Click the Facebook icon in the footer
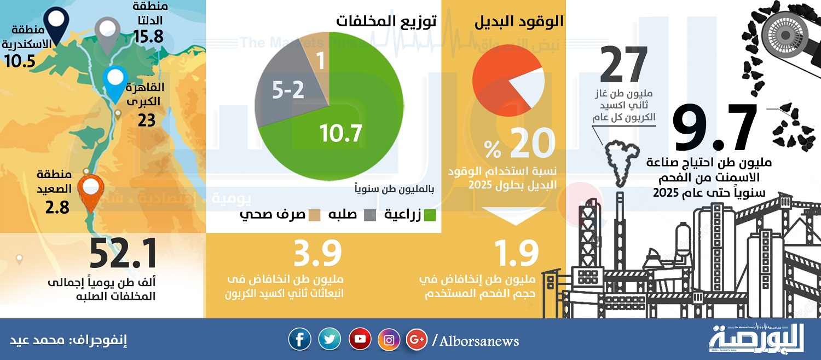(299, 339)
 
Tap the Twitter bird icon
(329, 339)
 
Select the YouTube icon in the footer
(360, 339)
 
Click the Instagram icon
(389, 340)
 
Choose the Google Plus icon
(417, 340)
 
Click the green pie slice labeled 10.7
(344, 125)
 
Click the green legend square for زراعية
(430, 215)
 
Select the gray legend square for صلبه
(370, 215)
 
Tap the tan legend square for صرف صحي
(314, 215)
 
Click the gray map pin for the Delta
(107, 35)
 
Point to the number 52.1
(124, 254)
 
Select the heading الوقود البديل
(519, 22)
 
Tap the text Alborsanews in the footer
(479, 341)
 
